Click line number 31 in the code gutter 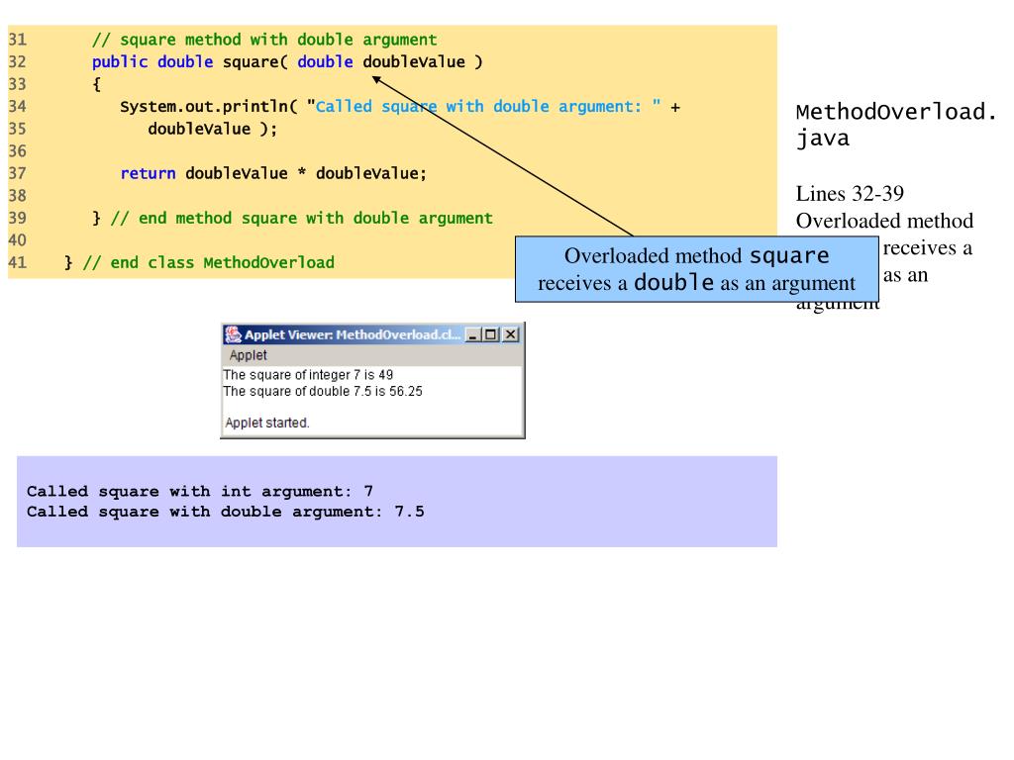click(x=16, y=41)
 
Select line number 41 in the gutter click(x=16, y=263)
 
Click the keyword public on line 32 click(x=120, y=62)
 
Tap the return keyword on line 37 click(x=149, y=174)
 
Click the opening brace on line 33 click(x=96, y=85)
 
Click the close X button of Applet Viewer click(x=511, y=334)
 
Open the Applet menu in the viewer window click(x=249, y=355)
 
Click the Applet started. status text click(x=267, y=422)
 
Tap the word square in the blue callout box click(x=789, y=257)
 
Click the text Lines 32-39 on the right click(x=850, y=196)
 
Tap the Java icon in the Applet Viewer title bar click(x=233, y=334)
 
